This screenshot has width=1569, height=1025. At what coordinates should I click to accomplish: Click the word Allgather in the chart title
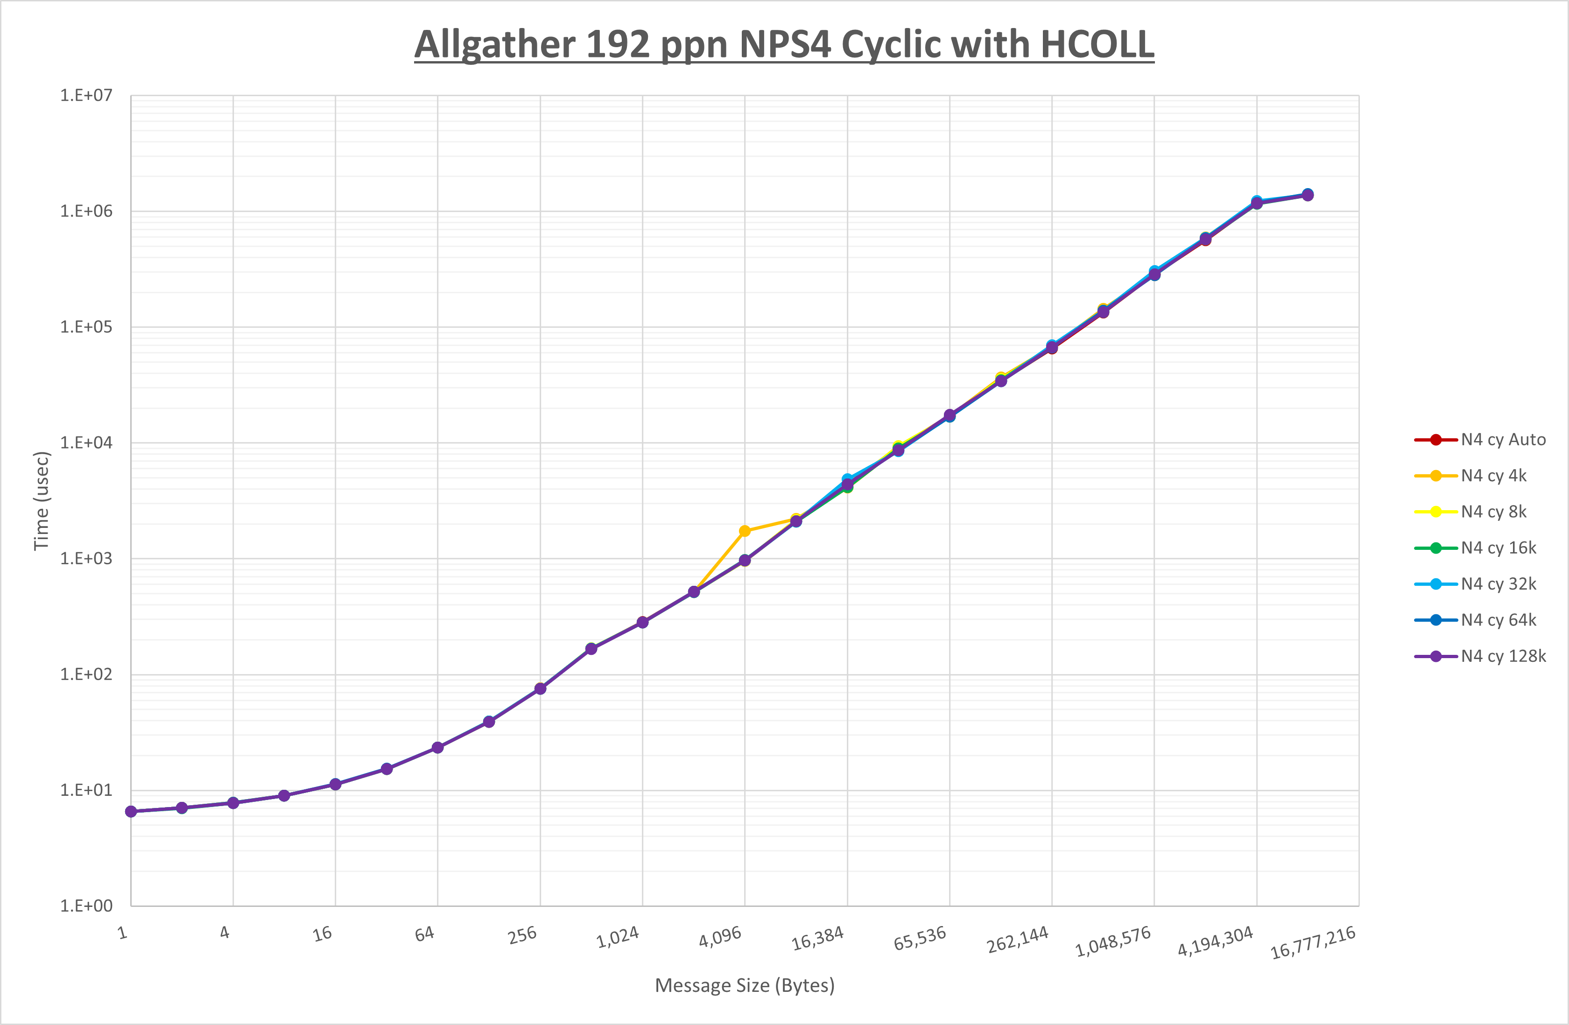[494, 45]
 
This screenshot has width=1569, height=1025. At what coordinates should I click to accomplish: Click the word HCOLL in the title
[1097, 45]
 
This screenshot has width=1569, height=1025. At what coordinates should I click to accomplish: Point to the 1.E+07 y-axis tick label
[86, 96]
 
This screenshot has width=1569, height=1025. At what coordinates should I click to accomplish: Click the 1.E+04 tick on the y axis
[86, 443]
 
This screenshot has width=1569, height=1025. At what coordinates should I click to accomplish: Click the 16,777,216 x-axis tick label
[1313, 942]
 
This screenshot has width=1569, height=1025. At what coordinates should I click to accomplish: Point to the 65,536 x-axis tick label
[920, 939]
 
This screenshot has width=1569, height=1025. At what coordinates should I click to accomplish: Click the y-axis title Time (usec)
[42, 501]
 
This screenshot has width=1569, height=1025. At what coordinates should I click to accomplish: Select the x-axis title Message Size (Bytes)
[744, 985]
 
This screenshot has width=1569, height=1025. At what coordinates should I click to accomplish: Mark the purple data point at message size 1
[131, 811]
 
